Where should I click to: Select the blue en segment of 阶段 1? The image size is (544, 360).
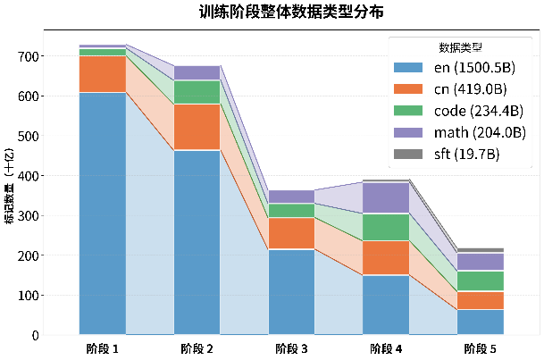pos(103,213)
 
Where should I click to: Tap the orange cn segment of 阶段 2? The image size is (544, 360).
pos(197,127)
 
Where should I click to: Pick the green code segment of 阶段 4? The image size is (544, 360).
pos(385,227)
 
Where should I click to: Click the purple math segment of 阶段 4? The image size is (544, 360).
pos(385,197)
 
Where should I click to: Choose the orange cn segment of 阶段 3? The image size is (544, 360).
pos(290,233)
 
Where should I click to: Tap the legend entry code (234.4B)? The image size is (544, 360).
pos(457,111)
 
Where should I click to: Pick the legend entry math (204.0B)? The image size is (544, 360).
pos(457,132)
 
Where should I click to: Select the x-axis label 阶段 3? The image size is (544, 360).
pos(290,348)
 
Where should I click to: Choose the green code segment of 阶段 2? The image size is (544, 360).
pos(197,92)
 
